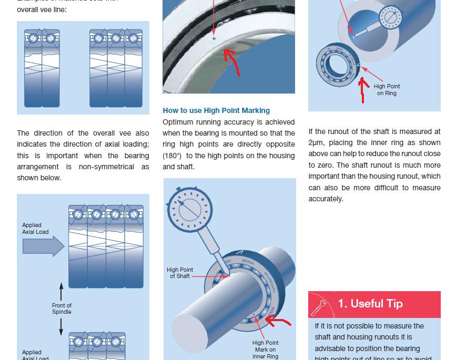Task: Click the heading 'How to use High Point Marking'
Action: (x=216, y=110)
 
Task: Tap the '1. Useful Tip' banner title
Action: (x=370, y=304)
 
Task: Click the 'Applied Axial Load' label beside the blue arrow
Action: (x=35, y=229)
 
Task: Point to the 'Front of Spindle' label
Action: (x=62, y=308)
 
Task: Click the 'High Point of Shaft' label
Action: (x=180, y=273)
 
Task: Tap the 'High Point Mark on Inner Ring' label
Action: (x=265, y=349)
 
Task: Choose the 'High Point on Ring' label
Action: (x=387, y=90)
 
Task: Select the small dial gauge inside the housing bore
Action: (x=390, y=17)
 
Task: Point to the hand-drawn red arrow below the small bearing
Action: (x=362, y=90)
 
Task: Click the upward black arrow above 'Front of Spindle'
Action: (x=61, y=292)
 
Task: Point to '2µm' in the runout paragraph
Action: (x=316, y=142)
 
